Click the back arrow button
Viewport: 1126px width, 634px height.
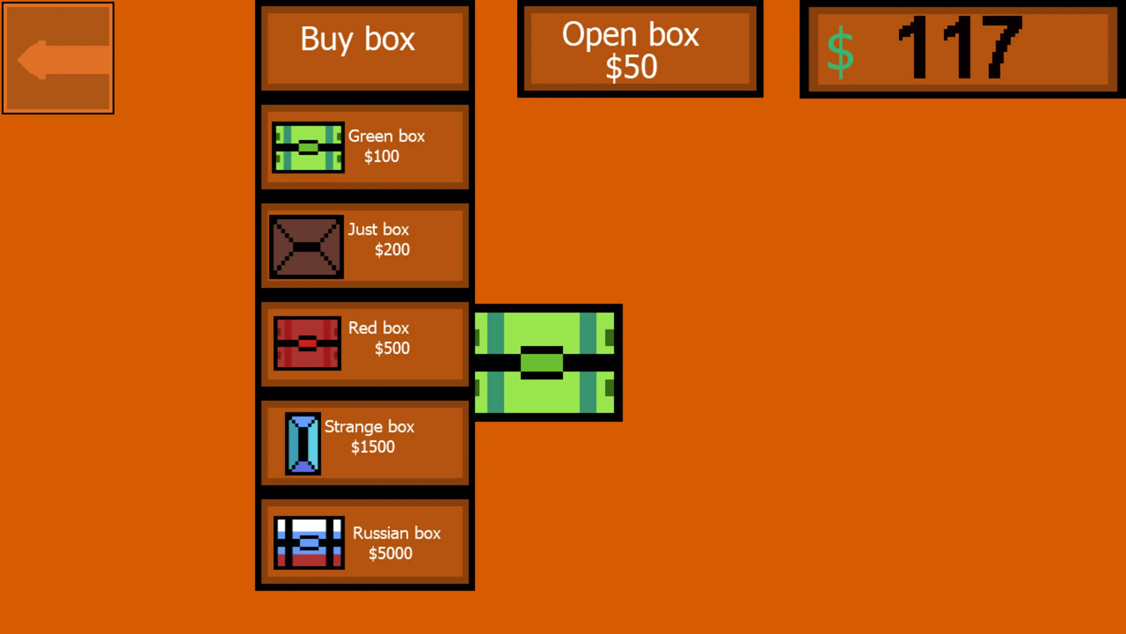point(58,58)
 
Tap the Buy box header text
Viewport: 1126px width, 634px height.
point(357,39)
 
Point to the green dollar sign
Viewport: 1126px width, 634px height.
point(840,53)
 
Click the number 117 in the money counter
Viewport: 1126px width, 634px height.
point(960,47)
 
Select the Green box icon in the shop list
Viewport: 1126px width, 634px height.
point(308,147)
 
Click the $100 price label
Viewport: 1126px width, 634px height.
point(381,156)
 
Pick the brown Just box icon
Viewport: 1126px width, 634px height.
point(306,247)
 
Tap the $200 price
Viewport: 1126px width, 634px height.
point(392,249)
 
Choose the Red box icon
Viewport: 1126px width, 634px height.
point(307,343)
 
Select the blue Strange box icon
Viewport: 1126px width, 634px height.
point(303,444)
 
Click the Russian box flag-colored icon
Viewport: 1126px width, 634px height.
point(309,542)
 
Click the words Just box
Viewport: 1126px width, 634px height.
point(379,229)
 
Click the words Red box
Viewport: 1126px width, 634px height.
point(379,328)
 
